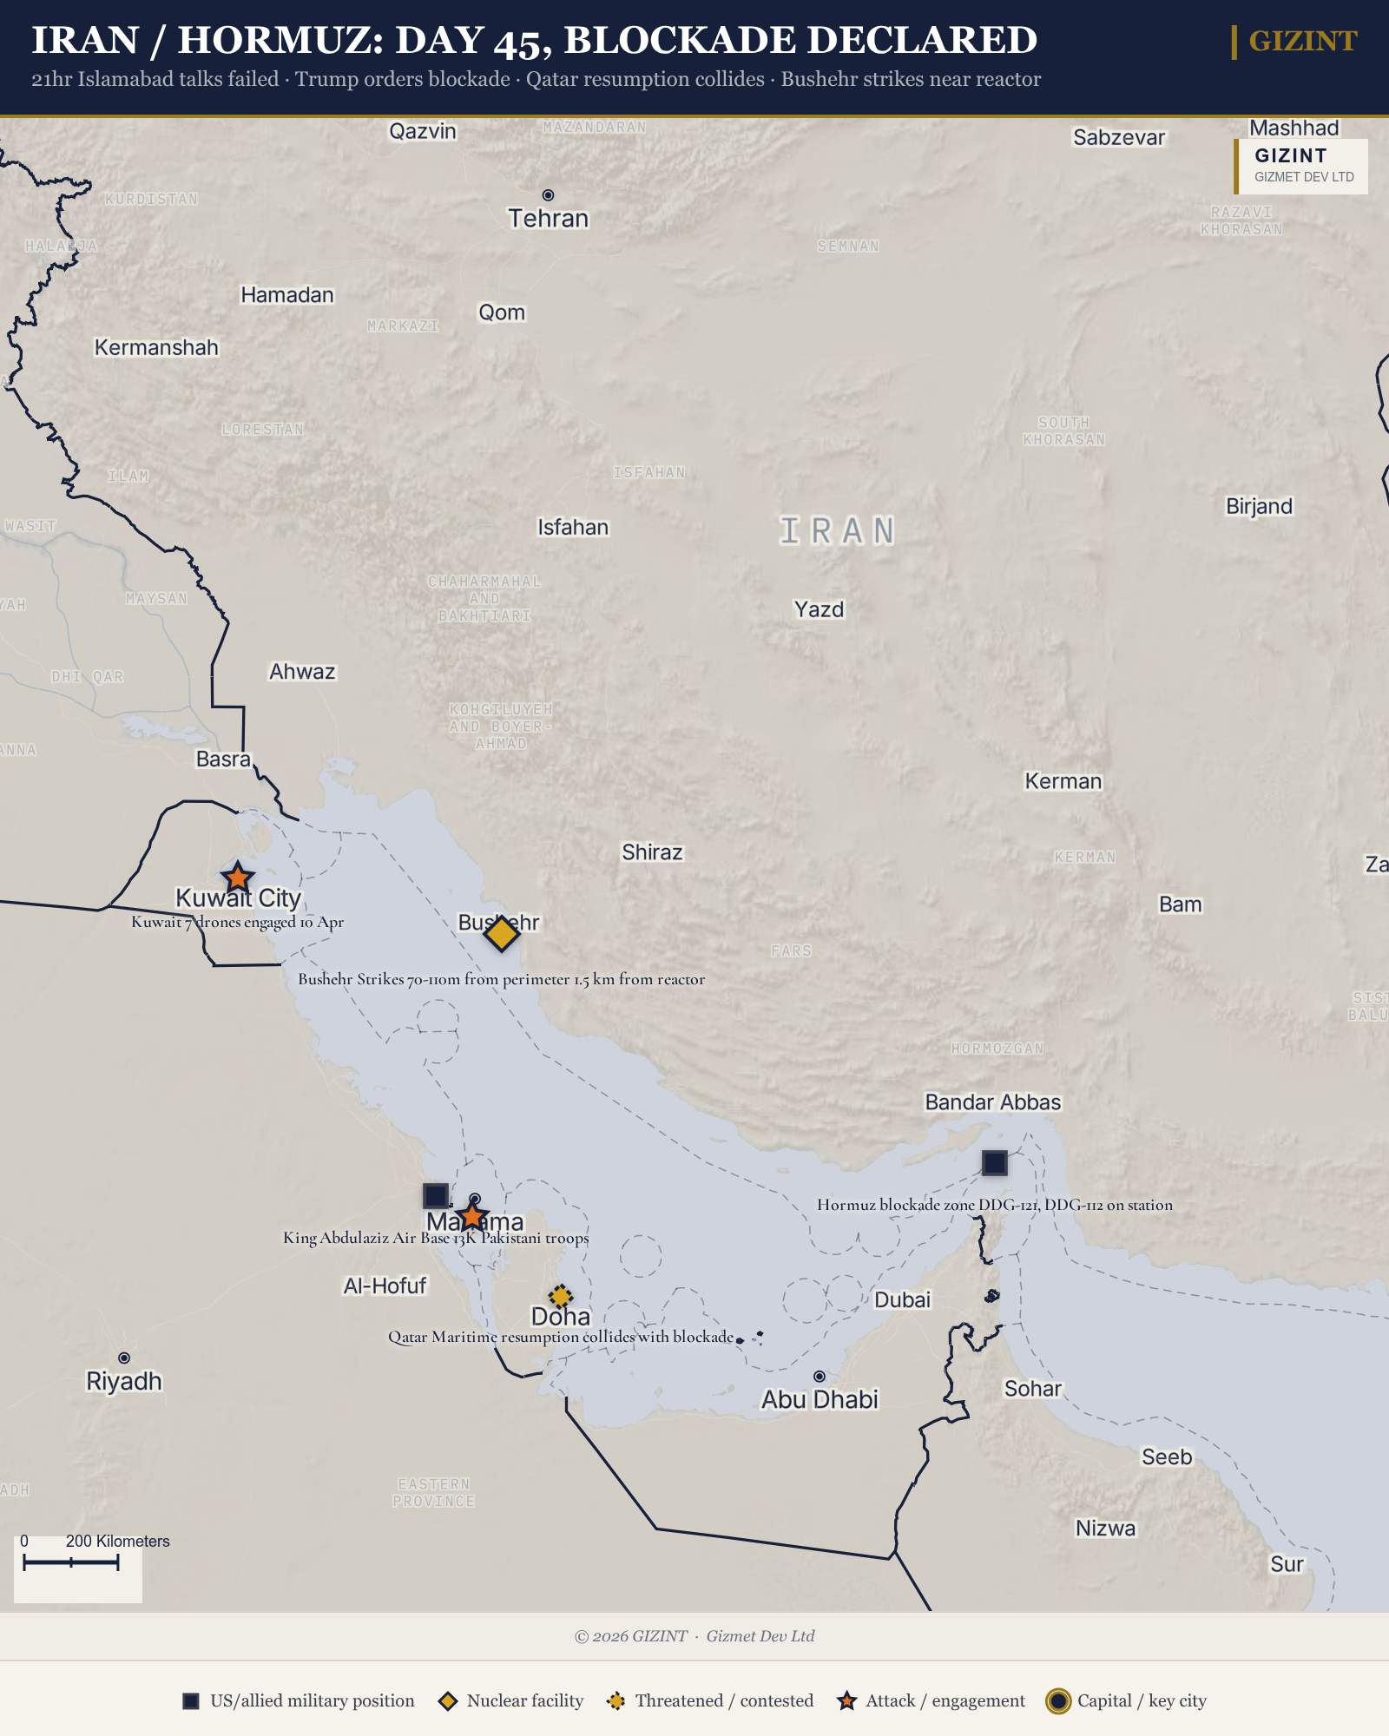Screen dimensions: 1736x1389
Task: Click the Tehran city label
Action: tap(548, 219)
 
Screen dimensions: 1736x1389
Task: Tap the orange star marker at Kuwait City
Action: tap(237, 878)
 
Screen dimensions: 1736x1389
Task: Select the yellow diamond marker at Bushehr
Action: tap(501, 934)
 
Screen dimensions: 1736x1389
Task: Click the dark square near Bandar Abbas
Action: tap(994, 1162)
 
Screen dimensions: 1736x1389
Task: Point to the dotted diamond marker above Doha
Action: tap(561, 1297)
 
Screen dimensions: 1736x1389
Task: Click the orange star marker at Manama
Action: tap(471, 1217)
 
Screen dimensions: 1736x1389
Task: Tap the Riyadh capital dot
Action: tap(124, 1358)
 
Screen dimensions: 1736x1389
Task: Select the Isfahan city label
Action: tap(573, 528)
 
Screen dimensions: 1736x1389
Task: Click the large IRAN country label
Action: tap(837, 531)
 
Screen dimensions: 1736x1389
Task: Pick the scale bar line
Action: tap(70, 1563)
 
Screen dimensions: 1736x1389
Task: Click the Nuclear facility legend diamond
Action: tap(448, 1701)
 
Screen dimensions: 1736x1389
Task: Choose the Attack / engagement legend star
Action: tap(846, 1701)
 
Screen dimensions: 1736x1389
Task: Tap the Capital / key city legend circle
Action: tap(1057, 1701)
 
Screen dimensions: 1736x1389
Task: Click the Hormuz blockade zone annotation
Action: tap(994, 1205)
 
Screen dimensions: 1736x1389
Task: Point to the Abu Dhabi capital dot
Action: tap(819, 1377)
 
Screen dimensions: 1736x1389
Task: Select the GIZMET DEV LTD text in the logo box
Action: tap(1304, 177)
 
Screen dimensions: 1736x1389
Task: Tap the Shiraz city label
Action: tap(652, 852)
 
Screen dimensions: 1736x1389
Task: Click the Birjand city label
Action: tap(1259, 506)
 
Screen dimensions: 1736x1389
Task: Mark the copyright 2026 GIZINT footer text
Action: tap(631, 1636)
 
